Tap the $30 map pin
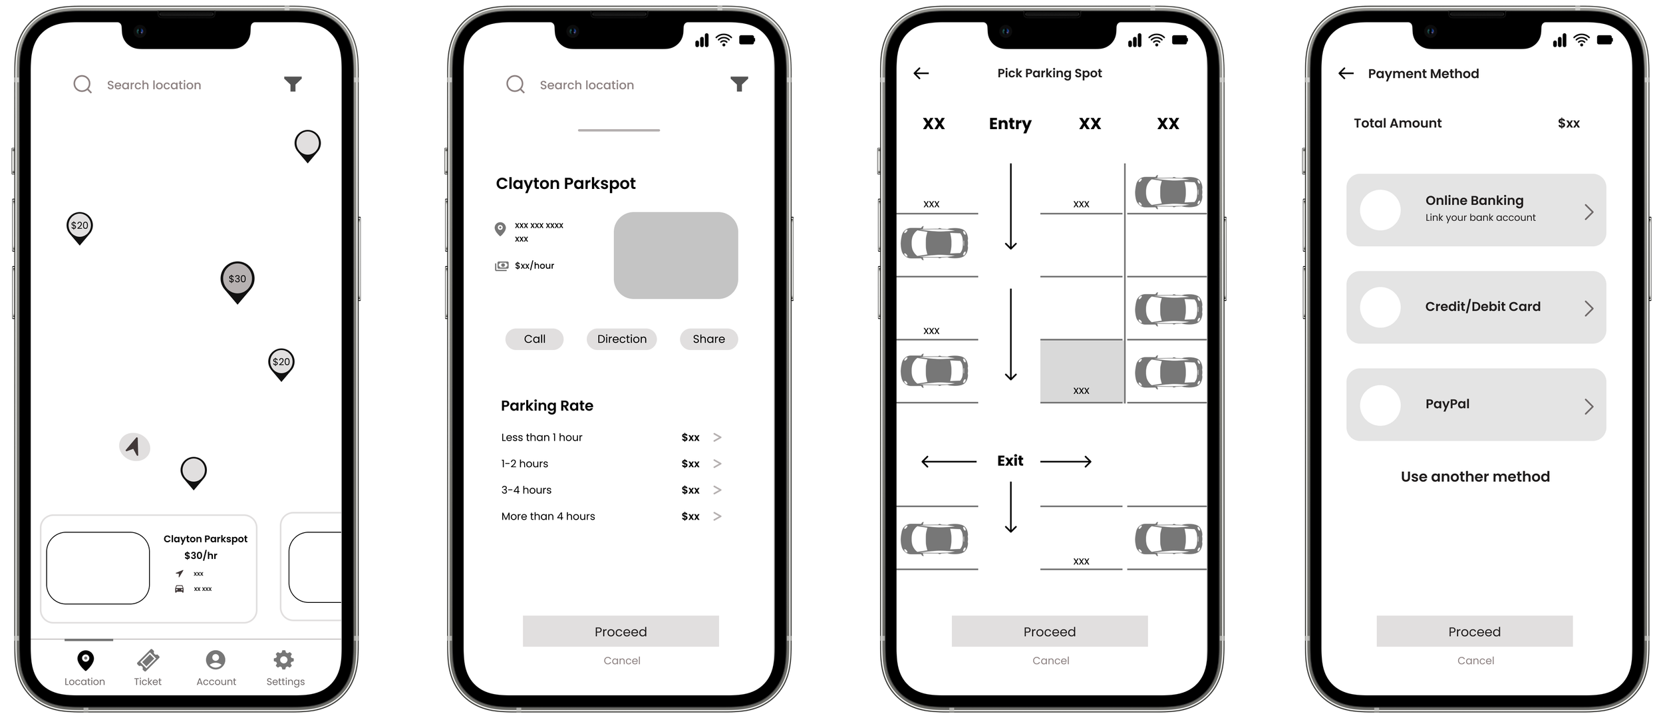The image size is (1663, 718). (237, 281)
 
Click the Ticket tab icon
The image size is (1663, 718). (148, 660)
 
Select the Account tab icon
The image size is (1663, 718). (216, 659)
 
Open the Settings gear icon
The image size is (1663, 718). (284, 659)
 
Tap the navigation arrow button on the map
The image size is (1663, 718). (134, 447)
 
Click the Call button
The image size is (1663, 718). (534, 339)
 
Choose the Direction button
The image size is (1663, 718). (621, 339)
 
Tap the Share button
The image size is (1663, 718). (708, 339)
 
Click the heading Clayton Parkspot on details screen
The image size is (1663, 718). (565, 184)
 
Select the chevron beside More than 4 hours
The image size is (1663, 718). (717, 516)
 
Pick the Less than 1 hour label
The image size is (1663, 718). (541, 437)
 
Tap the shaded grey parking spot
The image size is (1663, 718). (1082, 371)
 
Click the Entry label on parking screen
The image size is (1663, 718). (1010, 124)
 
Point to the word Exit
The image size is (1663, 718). (1010, 460)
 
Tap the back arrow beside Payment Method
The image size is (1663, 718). (1346, 73)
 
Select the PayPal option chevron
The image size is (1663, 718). (1588, 406)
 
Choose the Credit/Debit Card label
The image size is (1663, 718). (1483, 307)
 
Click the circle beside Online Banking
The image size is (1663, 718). (1380, 210)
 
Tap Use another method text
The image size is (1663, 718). (1475, 476)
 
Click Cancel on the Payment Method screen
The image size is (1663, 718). (1475, 661)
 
